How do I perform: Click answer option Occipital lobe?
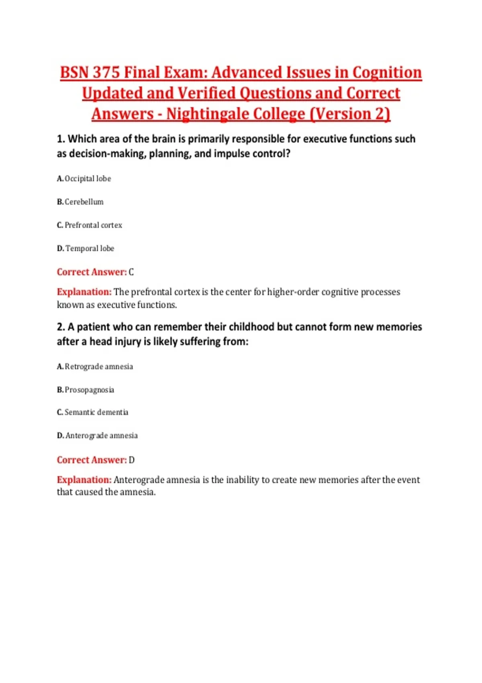[x=88, y=179]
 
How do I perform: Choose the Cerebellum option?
[x=84, y=202]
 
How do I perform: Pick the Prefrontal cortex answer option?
[x=93, y=225]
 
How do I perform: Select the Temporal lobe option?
[x=90, y=249]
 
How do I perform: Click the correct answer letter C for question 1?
[x=131, y=272]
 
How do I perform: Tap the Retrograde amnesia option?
[x=98, y=367]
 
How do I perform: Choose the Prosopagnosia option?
[x=89, y=390]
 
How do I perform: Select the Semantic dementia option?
[x=96, y=413]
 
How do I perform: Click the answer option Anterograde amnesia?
[x=101, y=436]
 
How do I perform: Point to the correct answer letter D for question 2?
[x=131, y=460]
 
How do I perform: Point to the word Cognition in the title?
[x=387, y=73]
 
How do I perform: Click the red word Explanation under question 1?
[x=84, y=292]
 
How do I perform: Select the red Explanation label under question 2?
[x=84, y=480]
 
